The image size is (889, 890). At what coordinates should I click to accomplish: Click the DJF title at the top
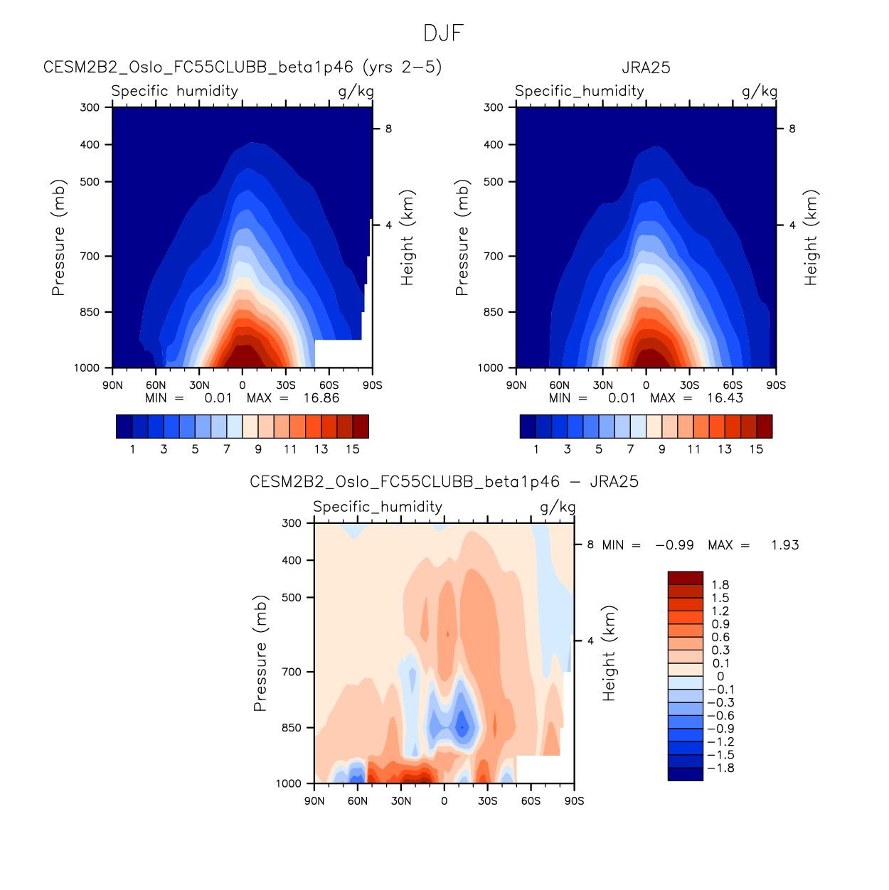coord(443,33)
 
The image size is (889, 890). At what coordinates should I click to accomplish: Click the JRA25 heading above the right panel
coord(646,68)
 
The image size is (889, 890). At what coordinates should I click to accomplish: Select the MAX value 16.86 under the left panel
coord(321,398)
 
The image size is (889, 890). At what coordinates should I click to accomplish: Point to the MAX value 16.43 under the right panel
coord(725,398)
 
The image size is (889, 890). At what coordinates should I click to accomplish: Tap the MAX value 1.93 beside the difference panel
coord(784,545)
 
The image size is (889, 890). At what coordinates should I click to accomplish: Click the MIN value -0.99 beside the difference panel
coord(674,545)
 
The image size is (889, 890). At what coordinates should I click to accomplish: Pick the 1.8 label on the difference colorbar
coord(720,585)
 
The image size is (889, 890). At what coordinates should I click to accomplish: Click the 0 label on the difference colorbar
coord(720,677)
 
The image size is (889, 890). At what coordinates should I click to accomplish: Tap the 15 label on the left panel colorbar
coord(353,449)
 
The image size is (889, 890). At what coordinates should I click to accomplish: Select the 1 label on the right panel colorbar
coord(536,449)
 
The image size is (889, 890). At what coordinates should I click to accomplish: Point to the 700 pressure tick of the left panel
coord(91,256)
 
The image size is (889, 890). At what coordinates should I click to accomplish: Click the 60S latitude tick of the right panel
coord(733,385)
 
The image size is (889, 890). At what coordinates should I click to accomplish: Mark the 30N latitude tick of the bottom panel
coord(401,801)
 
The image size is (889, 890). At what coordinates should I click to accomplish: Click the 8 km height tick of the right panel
coord(792,129)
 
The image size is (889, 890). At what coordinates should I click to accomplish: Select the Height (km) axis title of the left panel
coord(407,237)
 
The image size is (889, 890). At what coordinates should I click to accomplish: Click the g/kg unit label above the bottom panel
coord(558,507)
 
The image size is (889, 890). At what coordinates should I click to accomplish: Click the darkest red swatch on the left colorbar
coord(361,426)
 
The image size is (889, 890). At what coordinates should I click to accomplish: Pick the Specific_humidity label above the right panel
coord(579,91)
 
